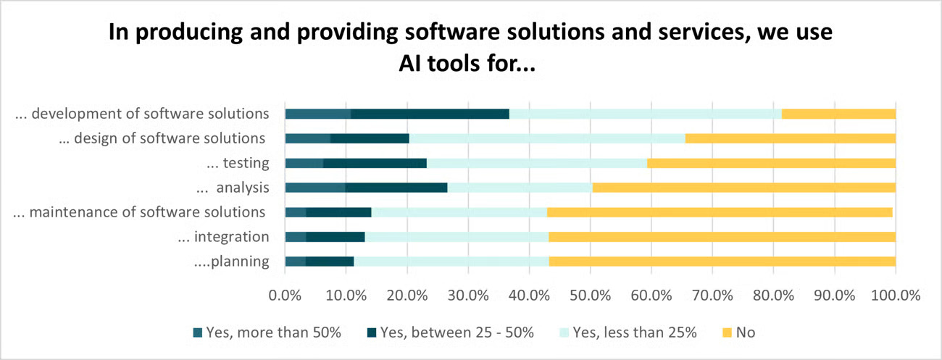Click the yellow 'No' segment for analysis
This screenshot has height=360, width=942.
(x=743, y=188)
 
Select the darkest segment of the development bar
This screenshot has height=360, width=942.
(x=430, y=114)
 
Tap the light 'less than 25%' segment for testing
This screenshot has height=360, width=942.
(x=536, y=163)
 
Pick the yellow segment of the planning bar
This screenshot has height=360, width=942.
(x=722, y=261)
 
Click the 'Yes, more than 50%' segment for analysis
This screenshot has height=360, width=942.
(x=314, y=188)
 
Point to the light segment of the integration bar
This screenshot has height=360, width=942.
(x=457, y=237)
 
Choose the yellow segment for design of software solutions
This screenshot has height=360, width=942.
(x=790, y=138)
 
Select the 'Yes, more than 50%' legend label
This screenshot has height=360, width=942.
(x=273, y=332)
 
